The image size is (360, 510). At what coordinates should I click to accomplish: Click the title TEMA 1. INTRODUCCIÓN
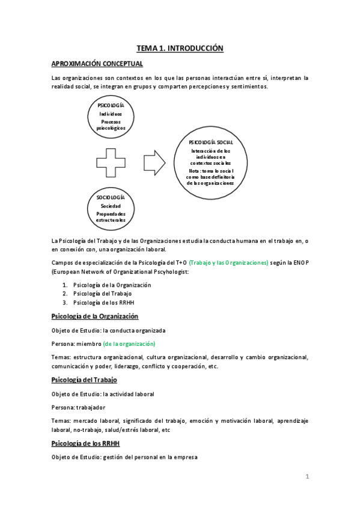pos(180,48)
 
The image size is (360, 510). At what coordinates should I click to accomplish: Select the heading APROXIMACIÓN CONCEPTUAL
pos(97,64)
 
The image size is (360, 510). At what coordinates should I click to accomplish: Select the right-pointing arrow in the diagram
pos(154,162)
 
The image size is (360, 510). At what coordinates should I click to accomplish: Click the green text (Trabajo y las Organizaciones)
pos(228,263)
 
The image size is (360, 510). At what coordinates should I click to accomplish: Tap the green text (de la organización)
pos(129,344)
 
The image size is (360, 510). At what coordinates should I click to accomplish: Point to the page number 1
pos(307,477)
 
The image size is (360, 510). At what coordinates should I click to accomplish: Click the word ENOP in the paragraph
pos(300,263)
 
